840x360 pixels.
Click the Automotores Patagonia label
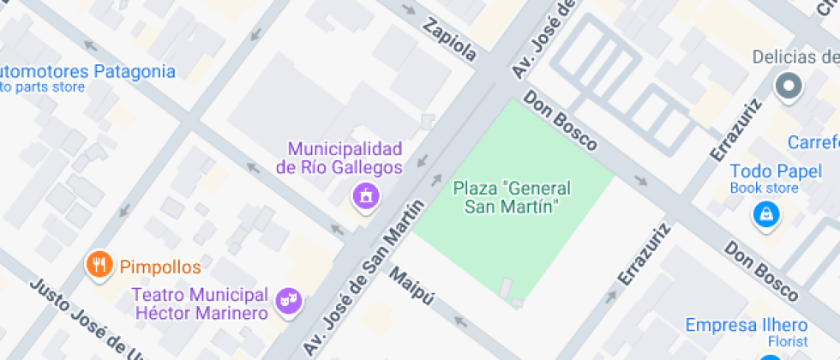coord(86,71)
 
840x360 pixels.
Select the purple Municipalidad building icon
coord(366,195)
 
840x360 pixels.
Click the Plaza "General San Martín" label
coord(511,197)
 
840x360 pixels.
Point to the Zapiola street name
coord(449,39)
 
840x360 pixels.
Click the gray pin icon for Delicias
coord(787,86)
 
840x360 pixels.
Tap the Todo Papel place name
coord(765,171)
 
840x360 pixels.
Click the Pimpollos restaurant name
coord(160,267)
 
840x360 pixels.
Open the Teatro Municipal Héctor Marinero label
coord(200,303)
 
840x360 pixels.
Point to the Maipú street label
coord(412,289)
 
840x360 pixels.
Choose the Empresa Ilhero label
coord(746,326)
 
